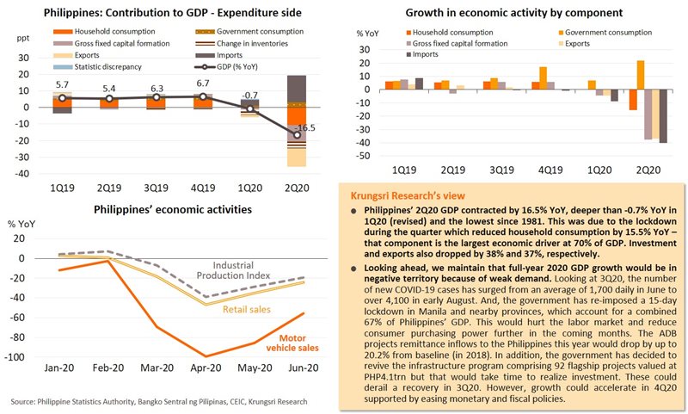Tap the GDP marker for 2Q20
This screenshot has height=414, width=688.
tap(297, 134)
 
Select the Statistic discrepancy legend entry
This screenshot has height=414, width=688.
tap(91, 66)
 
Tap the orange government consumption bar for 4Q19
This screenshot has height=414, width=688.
tap(543, 78)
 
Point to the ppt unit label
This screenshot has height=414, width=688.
tap(22, 40)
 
